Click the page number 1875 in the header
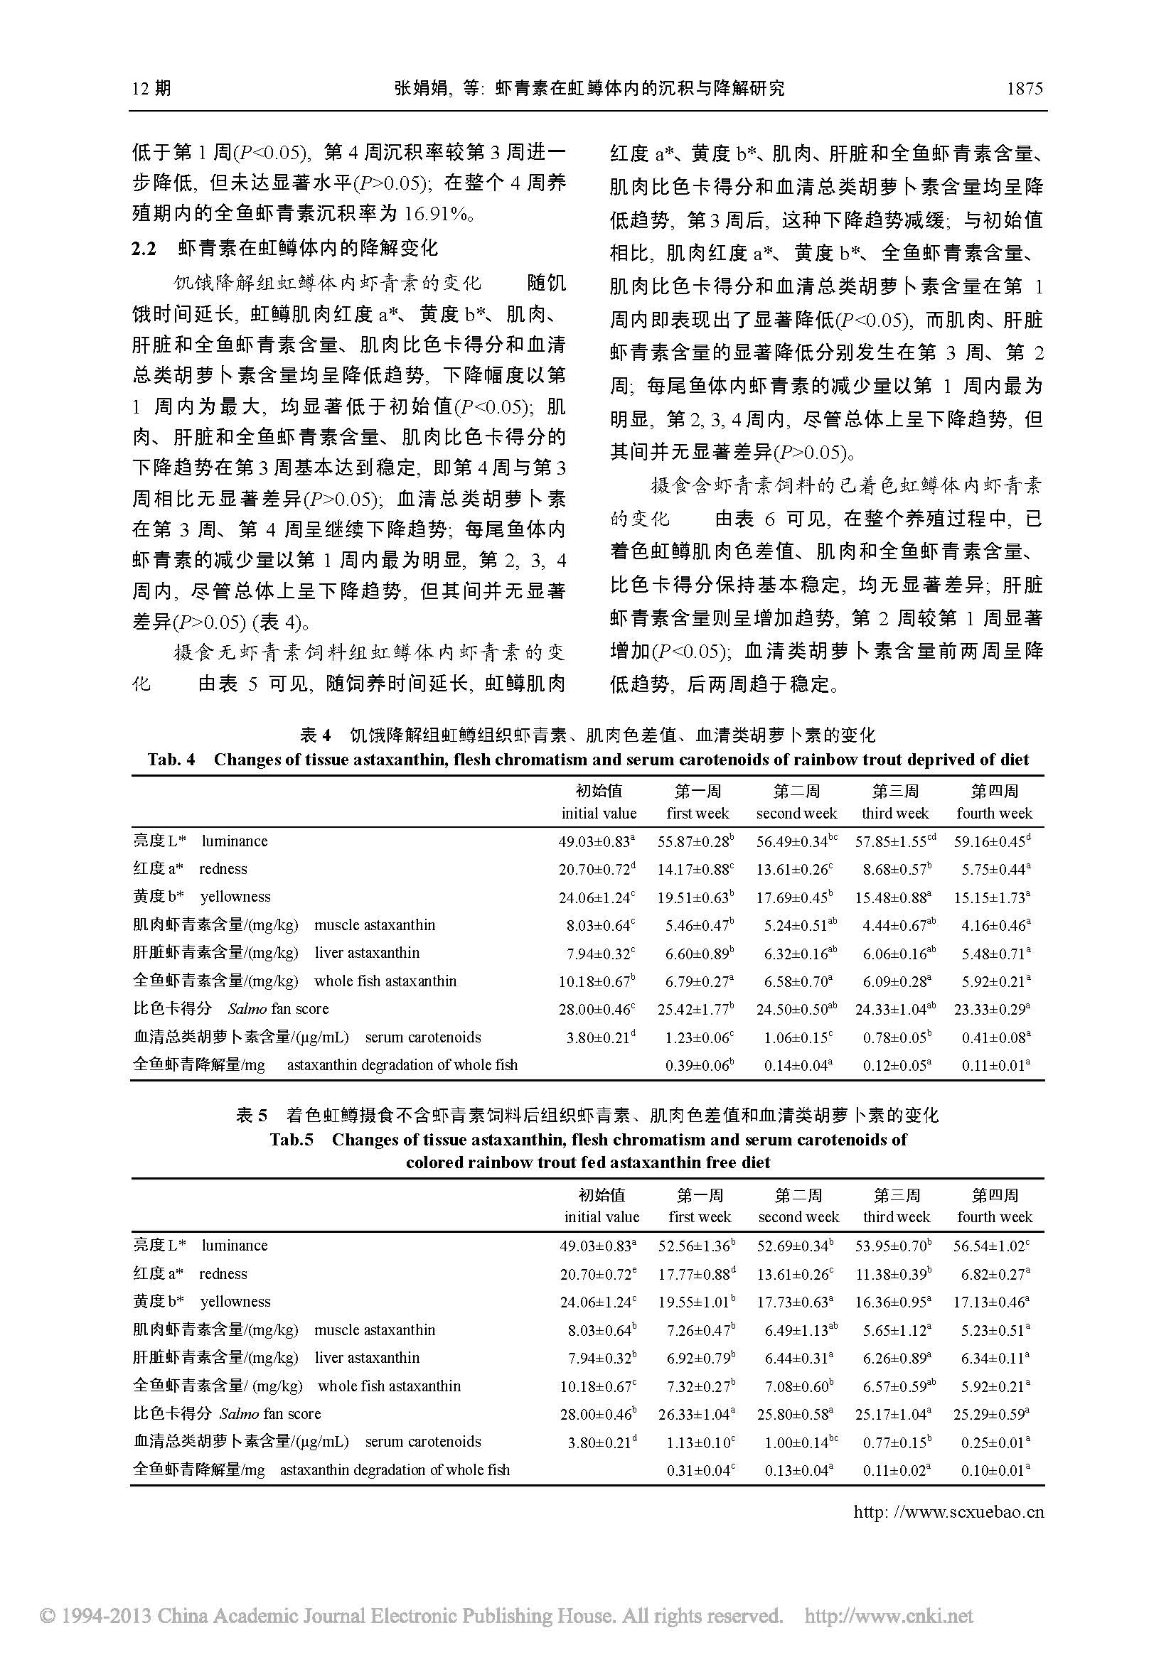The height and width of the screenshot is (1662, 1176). pyautogui.click(x=1024, y=88)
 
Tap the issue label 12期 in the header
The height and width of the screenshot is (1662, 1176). pyautogui.click(x=152, y=88)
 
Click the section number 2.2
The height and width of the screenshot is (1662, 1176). pyautogui.click(x=144, y=249)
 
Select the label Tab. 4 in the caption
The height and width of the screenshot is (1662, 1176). pyautogui.click(x=171, y=760)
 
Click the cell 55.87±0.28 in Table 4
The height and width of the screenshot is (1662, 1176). pyautogui.click(x=695, y=841)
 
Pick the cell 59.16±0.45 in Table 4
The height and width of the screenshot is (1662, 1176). pyautogui.click(x=992, y=841)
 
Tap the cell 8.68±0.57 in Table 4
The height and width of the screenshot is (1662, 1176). pyautogui.click(x=894, y=868)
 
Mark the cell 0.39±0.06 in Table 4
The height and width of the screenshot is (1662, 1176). pyautogui.click(x=695, y=1065)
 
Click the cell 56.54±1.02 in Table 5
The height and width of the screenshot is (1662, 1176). pyautogui.click(x=992, y=1246)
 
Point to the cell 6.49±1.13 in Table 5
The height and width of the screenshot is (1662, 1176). pyautogui.click(x=796, y=1329)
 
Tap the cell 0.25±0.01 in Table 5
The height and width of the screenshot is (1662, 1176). pyautogui.click(x=992, y=1442)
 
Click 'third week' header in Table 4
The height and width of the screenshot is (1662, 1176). pyautogui.click(x=895, y=814)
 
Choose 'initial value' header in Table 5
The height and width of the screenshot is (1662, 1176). pyautogui.click(x=602, y=1218)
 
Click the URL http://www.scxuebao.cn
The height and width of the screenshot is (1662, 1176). pyautogui.click(x=948, y=1512)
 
